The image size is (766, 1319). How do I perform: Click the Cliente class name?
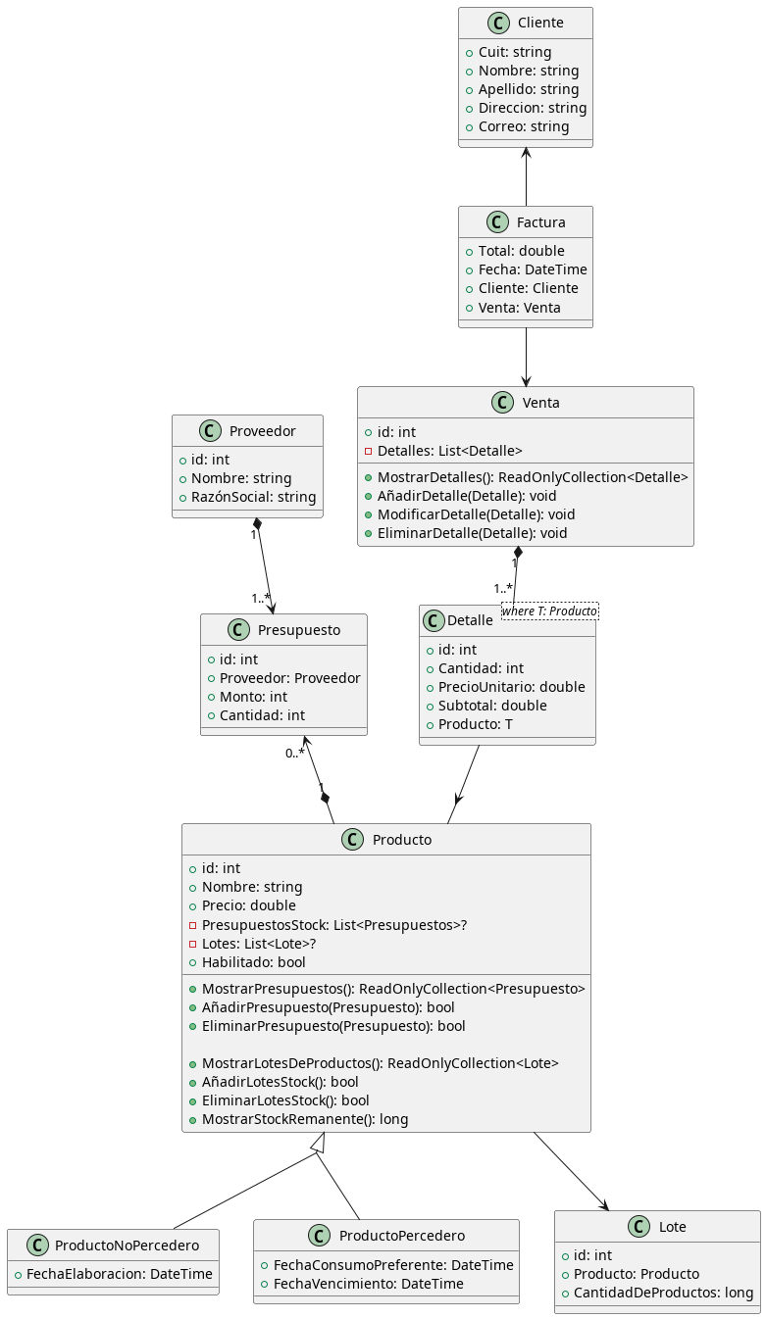pyautogui.click(x=539, y=24)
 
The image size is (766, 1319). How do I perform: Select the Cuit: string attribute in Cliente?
pyautogui.click(x=514, y=52)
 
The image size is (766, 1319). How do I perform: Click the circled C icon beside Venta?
pyautogui.click(x=503, y=403)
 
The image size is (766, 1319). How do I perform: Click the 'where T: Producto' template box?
pyautogui.click(x=549, y=611)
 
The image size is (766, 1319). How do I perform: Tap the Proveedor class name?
pyautogui.click(x=263, y=431)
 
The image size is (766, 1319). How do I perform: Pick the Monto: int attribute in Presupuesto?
pyautogui.click(x=253, y=697)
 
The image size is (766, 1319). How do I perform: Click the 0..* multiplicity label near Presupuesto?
pyautogui.click(x=294, y=753)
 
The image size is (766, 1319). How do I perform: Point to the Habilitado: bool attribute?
pyautogui.click(x=253, y=962)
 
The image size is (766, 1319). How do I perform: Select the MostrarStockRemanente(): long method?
pyautogui.click(x=304, y=1119)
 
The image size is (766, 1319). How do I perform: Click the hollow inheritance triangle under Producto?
pyautogui.click(x=317, y=1143)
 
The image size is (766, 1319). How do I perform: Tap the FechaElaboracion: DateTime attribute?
pyautogui.click(x=119, y=1275)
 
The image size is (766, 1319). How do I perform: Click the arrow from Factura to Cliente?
pyautogui.click(x=526, y=176)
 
